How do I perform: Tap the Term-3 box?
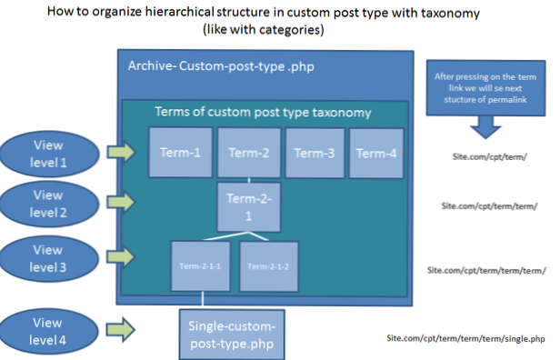tap(315, 153)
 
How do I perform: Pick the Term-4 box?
tap(376, 153)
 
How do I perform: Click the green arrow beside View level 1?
tap(121, 151)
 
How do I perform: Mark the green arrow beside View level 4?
tap(121, 328)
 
